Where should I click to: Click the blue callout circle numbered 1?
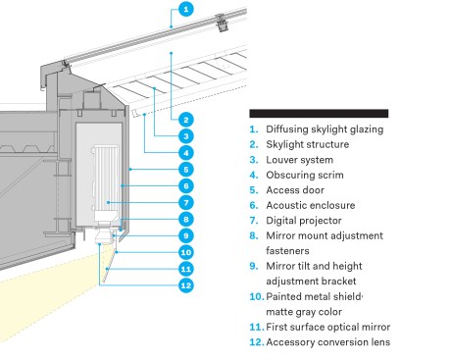(x=186, y=9)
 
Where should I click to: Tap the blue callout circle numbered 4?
(x=186, y=153)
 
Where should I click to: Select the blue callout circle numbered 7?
(x=186, y=203)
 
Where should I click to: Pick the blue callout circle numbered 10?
(x=186, y=252)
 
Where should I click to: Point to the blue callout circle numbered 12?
(x=186, y=285)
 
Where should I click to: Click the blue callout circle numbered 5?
(x=186, y=170)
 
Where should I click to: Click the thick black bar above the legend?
(x=319, y=114)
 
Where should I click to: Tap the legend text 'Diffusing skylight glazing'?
(x=325, y=129)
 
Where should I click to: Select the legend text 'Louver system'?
(x=299, y=160)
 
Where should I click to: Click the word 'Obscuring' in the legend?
(x=288, y=176)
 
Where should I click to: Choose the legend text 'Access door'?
(x=295, y=190)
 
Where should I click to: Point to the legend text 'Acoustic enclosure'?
(x=311, y=205)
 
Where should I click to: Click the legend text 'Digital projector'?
(x=304, y=221)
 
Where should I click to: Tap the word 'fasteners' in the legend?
(x=287, y=251)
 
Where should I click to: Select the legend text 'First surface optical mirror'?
(x=328, y=327)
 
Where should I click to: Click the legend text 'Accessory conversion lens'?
(x=328, y=342)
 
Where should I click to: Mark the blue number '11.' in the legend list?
(x=257, y=327)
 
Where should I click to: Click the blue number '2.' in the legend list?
(x=254, y=144)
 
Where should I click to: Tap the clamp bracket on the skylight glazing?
(x=222, y=23)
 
